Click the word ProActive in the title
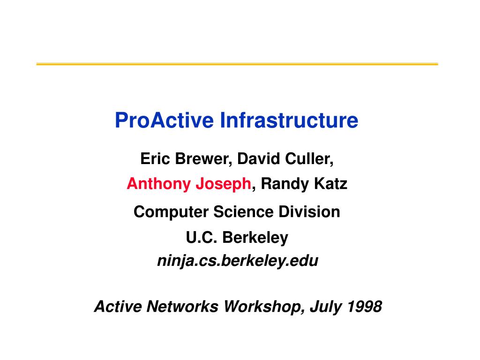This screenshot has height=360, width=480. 164,120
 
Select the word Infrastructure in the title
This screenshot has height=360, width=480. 289,120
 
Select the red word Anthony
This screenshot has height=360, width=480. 159,184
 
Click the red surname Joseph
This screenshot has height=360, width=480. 224,184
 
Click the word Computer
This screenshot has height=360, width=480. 171,212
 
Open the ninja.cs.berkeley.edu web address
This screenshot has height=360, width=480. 238,261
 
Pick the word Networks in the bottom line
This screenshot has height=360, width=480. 182,307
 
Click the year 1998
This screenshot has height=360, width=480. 364,307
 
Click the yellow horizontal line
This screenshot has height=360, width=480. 237,64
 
